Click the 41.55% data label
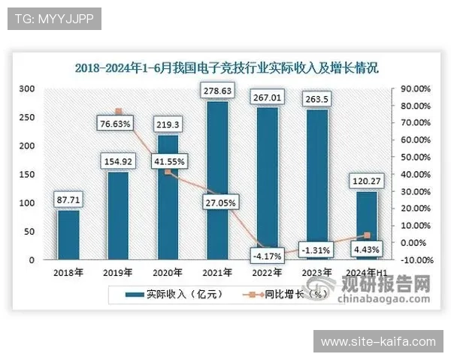point(169,160)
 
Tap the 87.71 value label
point(68,199)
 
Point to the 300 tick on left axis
point(27,88)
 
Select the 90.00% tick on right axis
point(414,88)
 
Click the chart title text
point(225,68)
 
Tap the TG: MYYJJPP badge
point(53,19)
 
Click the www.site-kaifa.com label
point(378,342)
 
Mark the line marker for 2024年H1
point(367,235)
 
